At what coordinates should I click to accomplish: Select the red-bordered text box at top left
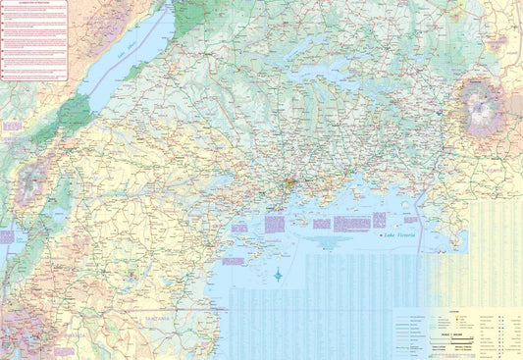pos(32,40)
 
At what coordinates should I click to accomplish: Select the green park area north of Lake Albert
pos(201,20)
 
